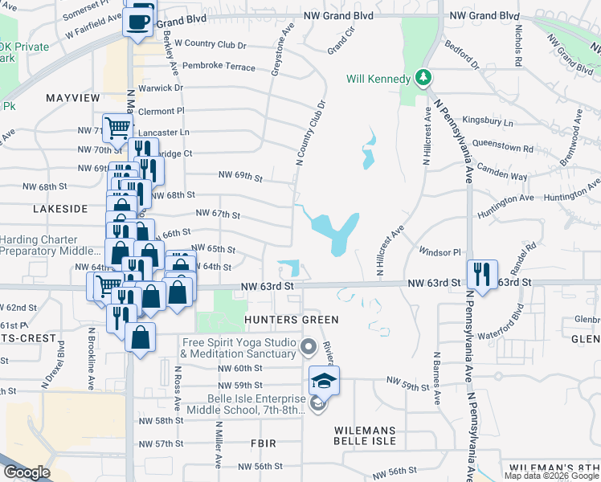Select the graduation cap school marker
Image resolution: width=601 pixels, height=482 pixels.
(323, 379)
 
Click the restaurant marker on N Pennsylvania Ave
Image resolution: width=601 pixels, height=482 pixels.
(481, 271)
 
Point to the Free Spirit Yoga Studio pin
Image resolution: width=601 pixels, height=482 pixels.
(309, 348)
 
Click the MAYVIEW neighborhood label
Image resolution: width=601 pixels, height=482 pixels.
(72, 97)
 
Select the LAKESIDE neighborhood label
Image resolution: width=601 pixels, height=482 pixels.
(60, 208)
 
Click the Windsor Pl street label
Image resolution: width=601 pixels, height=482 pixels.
(439, 251)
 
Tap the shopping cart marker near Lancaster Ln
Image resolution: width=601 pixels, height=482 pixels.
(117, 127)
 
